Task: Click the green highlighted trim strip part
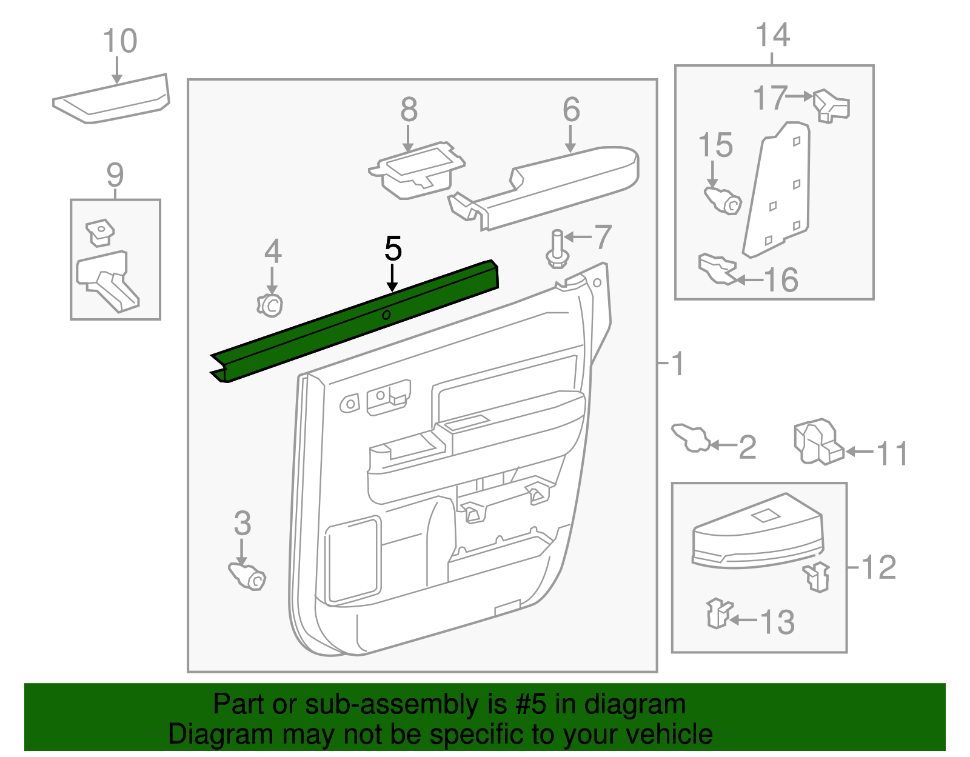click(x=355, y=321)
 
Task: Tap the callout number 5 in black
click(x=393, y=249)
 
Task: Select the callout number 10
click(x=119, y=41)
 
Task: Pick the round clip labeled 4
click(x=270, y=304)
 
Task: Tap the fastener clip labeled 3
click(x=248, y=575)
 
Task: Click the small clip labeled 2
click(x=691, y=437)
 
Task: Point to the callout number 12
click(x=878, y=567)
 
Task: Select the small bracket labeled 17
click(x=831, y=105)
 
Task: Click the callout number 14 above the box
click(x=772, y=35)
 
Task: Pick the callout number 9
click(x=115, y=175)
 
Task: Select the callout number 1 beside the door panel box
click(x=677, y=364)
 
